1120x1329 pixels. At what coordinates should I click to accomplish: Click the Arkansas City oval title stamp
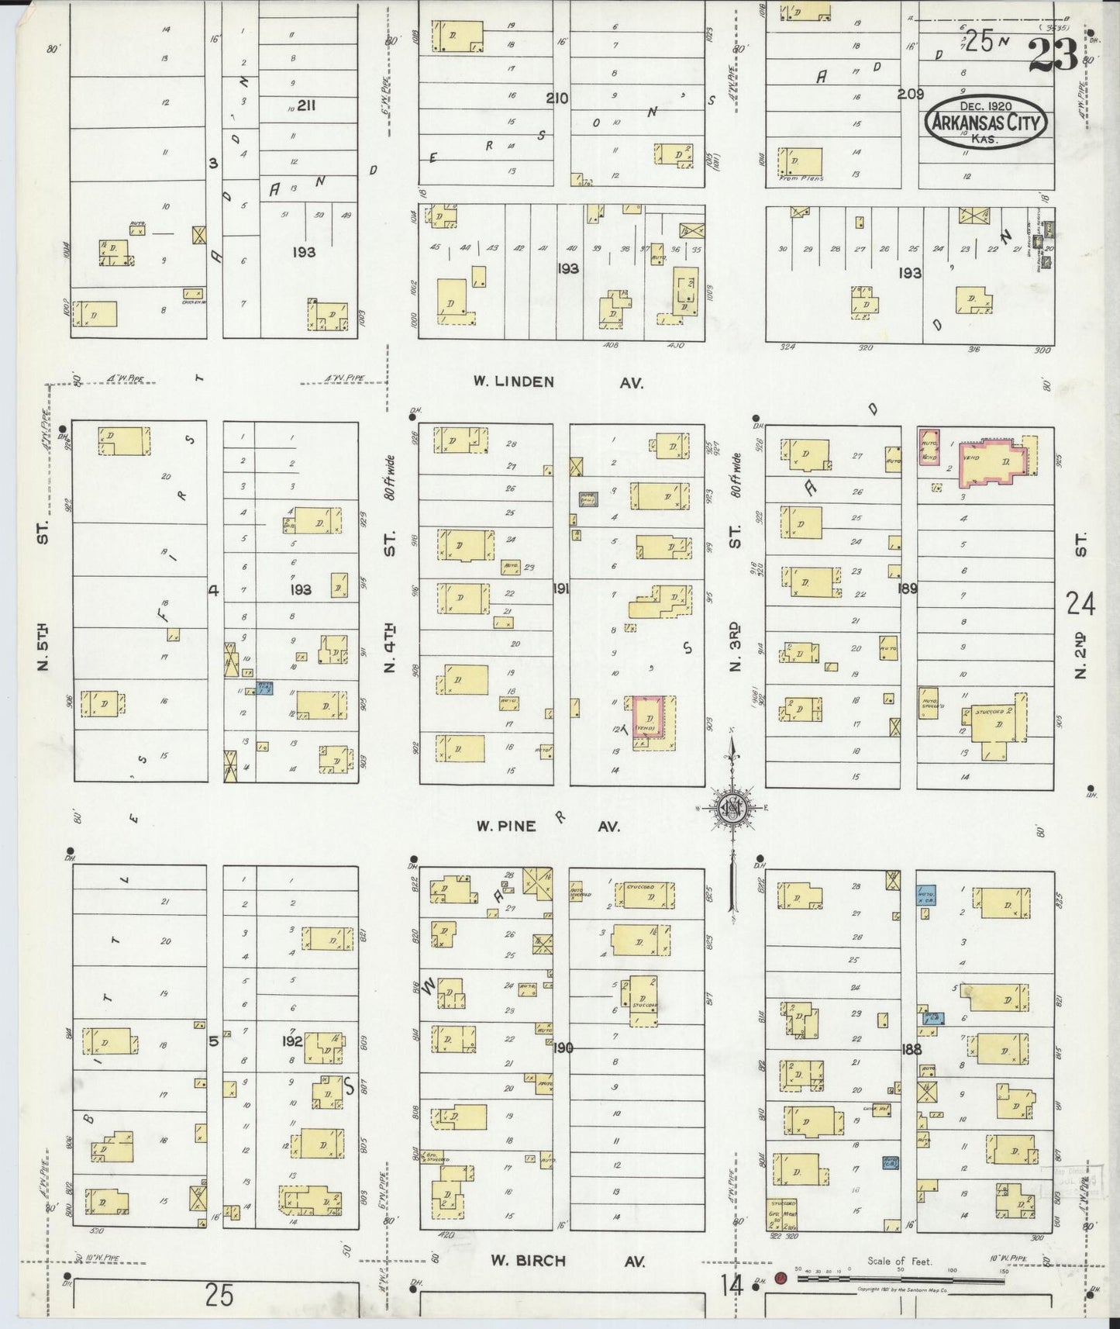[x=986, y=123]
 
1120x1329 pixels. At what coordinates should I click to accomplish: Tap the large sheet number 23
[x=1053, y=54]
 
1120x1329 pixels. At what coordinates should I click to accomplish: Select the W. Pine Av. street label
[x=549, y=827]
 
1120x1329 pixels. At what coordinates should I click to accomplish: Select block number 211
[x=305, y=105]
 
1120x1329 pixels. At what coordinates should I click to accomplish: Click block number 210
[x=557, y=98]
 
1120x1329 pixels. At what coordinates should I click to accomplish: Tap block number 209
[x=910, y=95]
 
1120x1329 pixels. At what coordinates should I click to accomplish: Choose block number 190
[x=563, y=1048]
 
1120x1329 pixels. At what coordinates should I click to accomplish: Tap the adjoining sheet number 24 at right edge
[x=1080, y=603]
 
